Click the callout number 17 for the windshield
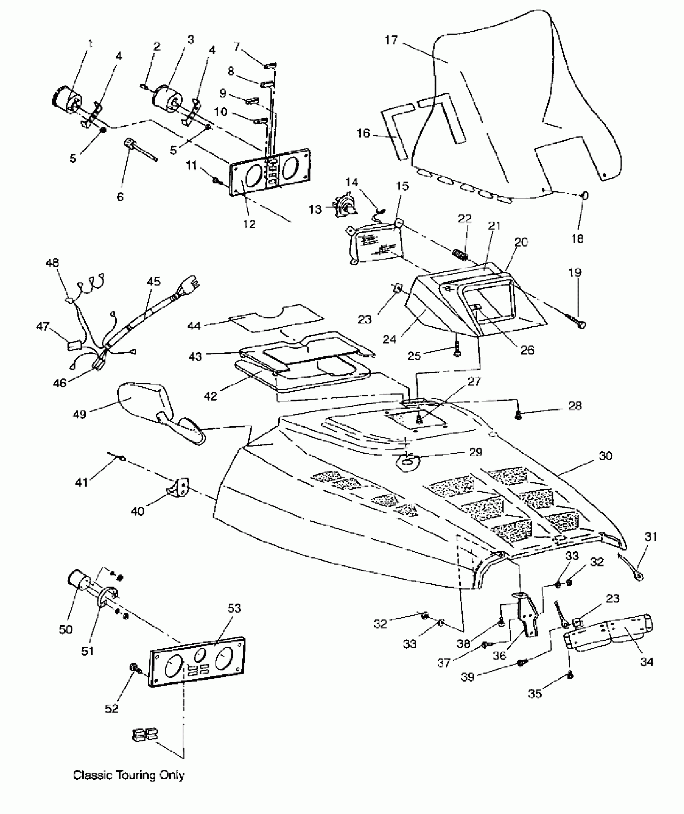click(x=391, y=40)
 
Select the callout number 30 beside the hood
click(x=605, y=456)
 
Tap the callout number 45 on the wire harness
click(x=154, y=281)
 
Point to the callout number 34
click(x=646, y=662)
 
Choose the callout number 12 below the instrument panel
click(x=249, y=224)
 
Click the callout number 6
click(x=120, y=197)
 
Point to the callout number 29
click(x=476, y=452)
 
